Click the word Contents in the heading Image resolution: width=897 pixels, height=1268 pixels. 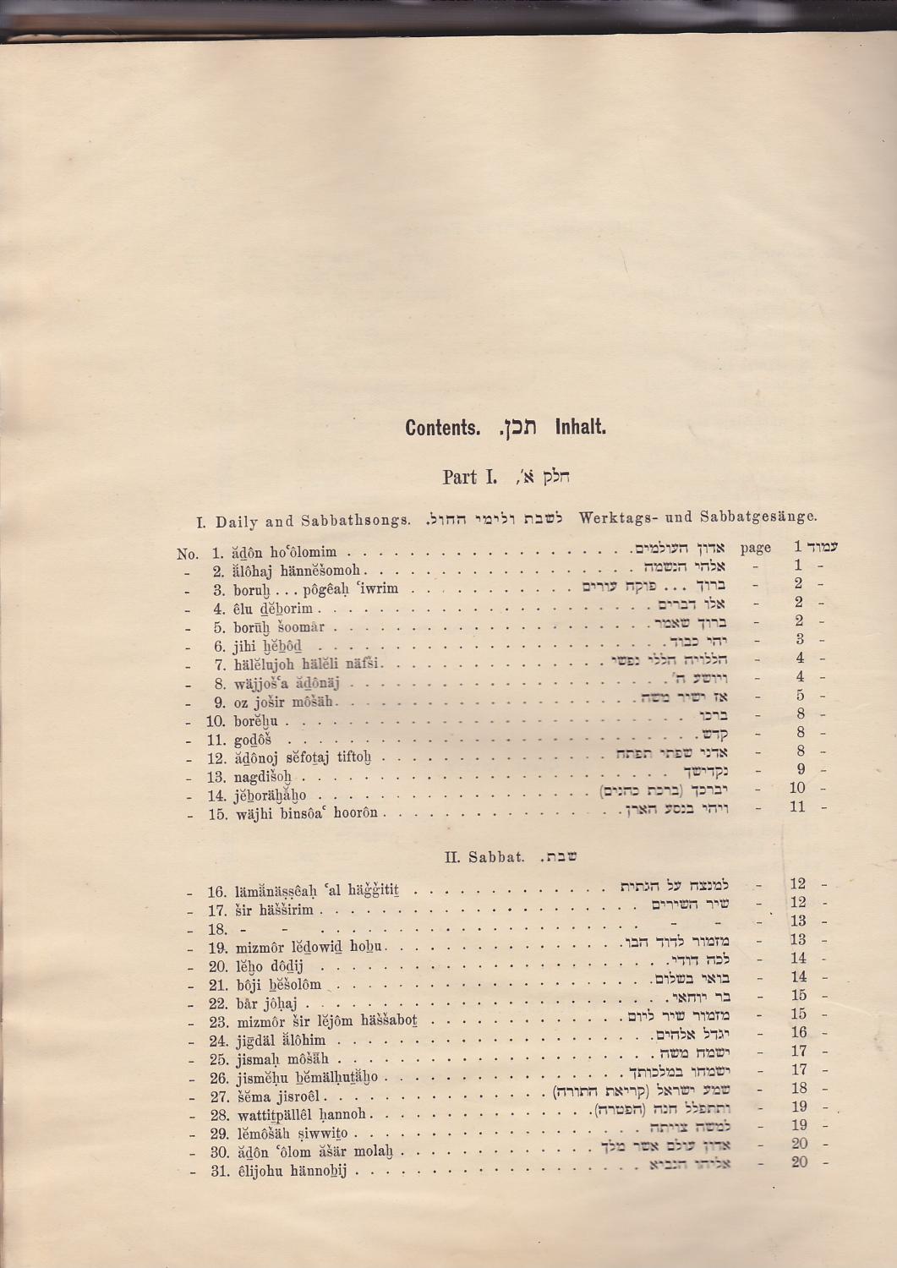coord(441,427)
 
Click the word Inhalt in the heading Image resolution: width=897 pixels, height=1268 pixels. coord(580,427)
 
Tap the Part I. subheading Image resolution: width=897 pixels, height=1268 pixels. coord(469,477)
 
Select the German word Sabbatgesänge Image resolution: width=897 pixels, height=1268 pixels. coord(768,516)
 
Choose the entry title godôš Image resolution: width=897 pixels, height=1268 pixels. coord(251,740)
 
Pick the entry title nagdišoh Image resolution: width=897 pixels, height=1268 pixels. coord(263,777)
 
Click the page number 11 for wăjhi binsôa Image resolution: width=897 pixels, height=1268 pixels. coord(796,806)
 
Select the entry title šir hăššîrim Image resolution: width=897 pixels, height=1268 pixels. coord(274,910)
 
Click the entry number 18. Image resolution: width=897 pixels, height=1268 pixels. coord(217,929)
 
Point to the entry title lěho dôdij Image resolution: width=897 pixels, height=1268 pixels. coord(268,966)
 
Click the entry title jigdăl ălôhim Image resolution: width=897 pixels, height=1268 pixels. coord(279,1041)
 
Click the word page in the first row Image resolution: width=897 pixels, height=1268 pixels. coord(755,547)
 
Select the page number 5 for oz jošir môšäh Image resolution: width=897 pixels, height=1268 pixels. coord(799,696)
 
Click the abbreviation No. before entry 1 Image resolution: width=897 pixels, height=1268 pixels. coord(188,555)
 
